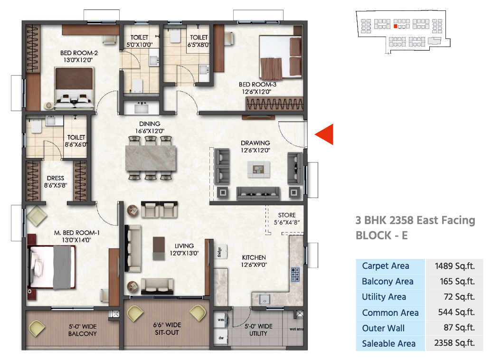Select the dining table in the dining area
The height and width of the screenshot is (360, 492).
(151, 158)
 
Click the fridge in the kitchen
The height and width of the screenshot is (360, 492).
(221, 252)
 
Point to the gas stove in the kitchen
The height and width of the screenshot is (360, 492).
(295, 275)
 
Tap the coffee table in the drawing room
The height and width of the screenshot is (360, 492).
(258, 170)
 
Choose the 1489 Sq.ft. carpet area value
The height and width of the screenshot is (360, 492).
(454, 266)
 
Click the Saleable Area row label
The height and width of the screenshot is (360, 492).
(388, 343)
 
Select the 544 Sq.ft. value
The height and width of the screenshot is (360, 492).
(456, 312)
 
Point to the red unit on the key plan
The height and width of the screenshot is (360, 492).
(395, 26)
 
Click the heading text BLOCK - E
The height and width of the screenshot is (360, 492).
(381, 235)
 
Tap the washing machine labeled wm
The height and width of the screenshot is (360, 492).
(221, 320)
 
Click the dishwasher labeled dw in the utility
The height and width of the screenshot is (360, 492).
(221, 337)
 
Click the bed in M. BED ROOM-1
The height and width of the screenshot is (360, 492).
(52, 267)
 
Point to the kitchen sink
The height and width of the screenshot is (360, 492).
(265, 299)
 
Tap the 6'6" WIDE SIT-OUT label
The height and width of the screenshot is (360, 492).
(167, 329)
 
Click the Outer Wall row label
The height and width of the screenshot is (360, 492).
(383, 328)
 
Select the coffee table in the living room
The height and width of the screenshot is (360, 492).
(159, 248)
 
